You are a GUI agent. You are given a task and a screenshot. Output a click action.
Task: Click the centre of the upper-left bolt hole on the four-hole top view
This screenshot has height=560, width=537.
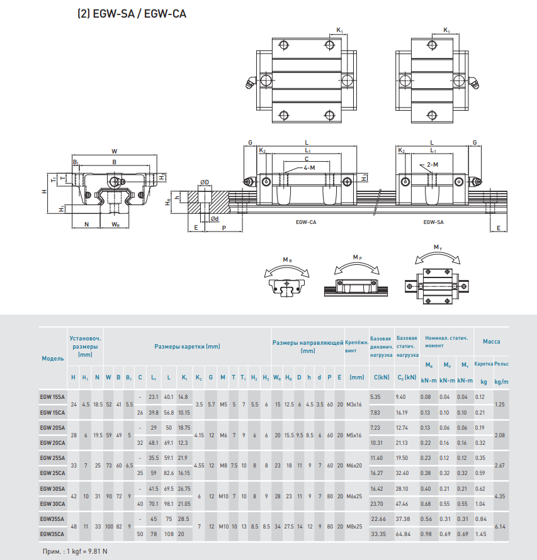point(284,45)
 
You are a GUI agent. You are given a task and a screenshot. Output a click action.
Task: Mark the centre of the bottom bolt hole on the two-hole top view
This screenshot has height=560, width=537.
point(432,115)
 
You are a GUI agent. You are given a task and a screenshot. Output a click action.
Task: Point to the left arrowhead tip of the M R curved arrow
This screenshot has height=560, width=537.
point(265,277)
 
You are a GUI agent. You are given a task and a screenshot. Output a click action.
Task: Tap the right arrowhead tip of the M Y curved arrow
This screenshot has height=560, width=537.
point(460,262)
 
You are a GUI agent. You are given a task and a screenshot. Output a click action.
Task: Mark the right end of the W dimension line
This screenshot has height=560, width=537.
point(157,155)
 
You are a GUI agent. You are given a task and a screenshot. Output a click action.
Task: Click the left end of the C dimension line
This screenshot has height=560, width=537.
point(284,162)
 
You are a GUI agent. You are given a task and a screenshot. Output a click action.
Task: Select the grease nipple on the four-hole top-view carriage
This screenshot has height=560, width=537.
point(250,82)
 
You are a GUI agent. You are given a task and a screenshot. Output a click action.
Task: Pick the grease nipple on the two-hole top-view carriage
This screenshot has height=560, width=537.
point(474,82)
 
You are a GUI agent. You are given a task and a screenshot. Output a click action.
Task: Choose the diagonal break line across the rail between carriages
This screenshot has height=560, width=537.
point(376,205)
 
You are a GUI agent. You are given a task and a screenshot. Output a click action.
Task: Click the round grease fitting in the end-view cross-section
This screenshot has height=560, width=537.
point(115,181)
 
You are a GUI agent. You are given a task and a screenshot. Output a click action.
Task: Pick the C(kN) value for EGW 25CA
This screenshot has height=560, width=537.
point(376,473)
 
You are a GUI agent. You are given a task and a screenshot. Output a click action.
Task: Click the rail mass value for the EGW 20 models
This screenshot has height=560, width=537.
point(499,435)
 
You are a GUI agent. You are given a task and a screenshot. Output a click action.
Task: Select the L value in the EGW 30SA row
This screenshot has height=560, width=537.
point(169,488)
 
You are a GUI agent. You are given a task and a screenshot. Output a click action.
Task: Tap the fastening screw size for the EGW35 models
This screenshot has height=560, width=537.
point(354,527)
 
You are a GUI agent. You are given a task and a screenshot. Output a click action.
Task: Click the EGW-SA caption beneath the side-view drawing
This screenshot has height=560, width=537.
point(433,222)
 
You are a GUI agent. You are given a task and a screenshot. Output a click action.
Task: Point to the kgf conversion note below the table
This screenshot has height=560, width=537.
point(75,551)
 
